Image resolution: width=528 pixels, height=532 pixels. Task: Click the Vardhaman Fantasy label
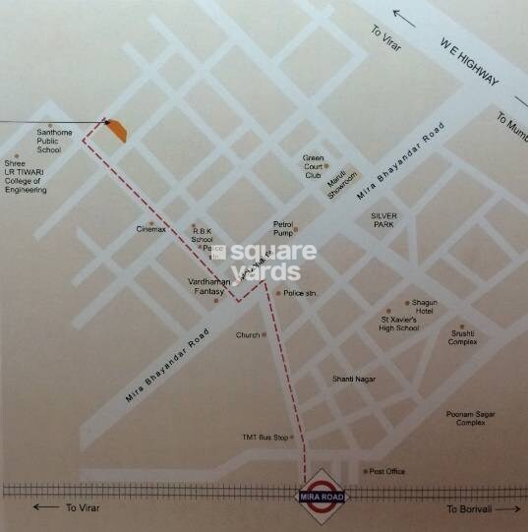pos(208,286)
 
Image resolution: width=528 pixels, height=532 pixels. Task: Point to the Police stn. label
pos(299,293)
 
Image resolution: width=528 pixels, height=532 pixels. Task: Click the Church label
pos(248,335)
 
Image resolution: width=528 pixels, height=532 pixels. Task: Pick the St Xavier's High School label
pos(400,324)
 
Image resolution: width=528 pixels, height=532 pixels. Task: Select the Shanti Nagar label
pos(354,379)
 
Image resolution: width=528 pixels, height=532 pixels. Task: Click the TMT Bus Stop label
pos(265,437)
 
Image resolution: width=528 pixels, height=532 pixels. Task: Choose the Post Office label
pos(387,472)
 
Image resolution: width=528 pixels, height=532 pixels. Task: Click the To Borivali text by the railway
pos(469,508)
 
